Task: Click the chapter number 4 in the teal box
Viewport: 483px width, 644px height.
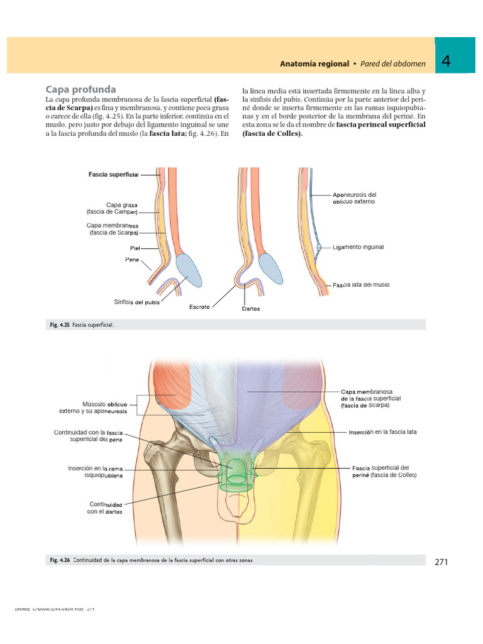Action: coord(446,62)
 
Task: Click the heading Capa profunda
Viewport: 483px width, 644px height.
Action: coord(81,89)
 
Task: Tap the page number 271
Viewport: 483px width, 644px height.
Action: coord(441,562)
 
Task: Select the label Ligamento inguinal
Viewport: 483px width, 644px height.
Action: coord(358,247)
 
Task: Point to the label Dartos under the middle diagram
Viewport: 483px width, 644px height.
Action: coord(250,309)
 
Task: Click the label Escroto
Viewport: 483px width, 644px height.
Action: coord(199,307)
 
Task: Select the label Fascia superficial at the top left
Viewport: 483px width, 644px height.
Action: coord(113,174)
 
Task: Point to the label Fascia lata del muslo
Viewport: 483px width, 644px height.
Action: coord(361,285)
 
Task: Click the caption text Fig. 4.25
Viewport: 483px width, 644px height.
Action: coord(60,325)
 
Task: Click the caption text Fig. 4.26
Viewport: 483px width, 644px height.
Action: coord(60,560)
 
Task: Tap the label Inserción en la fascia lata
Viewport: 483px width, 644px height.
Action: coord(382,432)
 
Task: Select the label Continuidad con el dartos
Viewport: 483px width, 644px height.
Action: coord(105,508)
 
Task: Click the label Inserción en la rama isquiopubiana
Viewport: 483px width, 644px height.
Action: coord(95,472)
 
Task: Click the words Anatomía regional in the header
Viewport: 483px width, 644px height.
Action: coord(314,64)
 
